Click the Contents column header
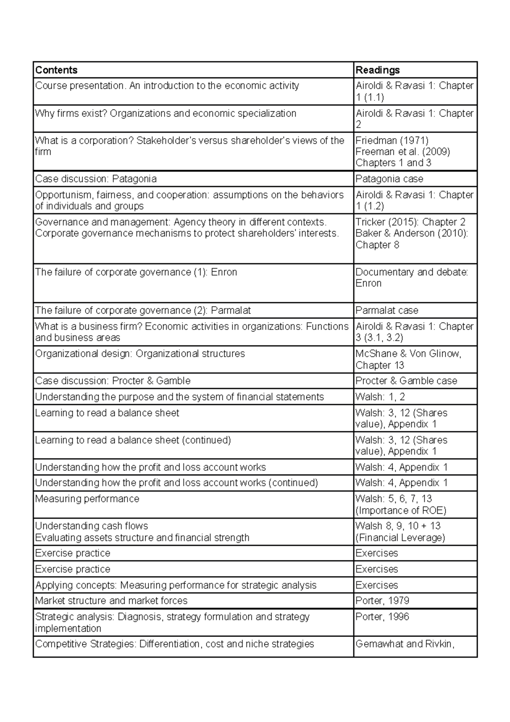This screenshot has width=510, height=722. point(56,70)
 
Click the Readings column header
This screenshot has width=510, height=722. point(377,70)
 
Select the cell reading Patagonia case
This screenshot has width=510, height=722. point(389,179)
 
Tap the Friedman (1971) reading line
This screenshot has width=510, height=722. point(391,141)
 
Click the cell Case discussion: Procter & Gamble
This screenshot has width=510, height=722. point(113,381)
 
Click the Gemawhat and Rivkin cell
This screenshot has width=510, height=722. point(405,644)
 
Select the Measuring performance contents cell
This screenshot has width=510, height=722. point(87,499)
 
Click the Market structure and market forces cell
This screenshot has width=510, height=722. point(111,601)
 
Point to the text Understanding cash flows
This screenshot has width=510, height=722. point(91,526)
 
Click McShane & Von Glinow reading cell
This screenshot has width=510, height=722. point(408,354)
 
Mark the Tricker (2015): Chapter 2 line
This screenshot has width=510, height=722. point(410,222)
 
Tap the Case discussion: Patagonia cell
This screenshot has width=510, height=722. point(96,179)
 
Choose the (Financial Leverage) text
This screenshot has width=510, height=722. point(400,538)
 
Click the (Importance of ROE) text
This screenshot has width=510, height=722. point(400,511)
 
